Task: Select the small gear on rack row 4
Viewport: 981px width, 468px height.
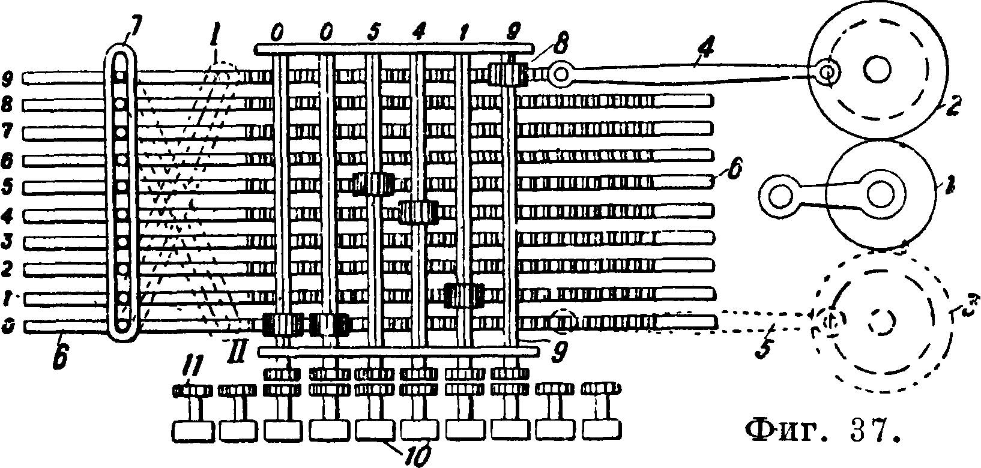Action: click(418, 212)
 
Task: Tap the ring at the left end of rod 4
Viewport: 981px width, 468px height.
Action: click(561, 74)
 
